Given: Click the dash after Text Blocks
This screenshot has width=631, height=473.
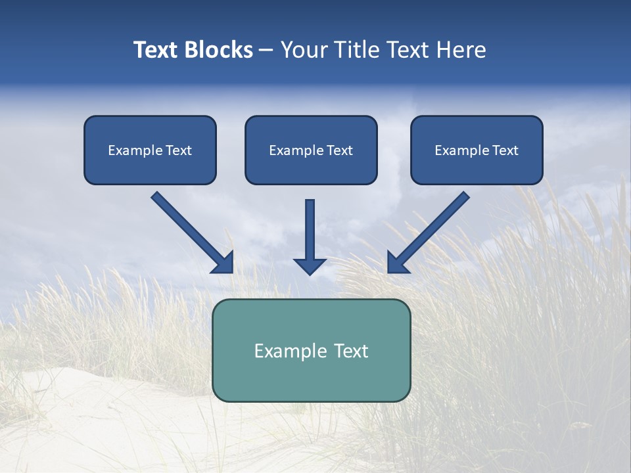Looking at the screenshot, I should tap(266, 51).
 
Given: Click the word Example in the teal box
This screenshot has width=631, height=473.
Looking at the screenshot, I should tap(291, 351).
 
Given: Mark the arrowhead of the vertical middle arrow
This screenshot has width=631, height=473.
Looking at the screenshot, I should tap(310, 265).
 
